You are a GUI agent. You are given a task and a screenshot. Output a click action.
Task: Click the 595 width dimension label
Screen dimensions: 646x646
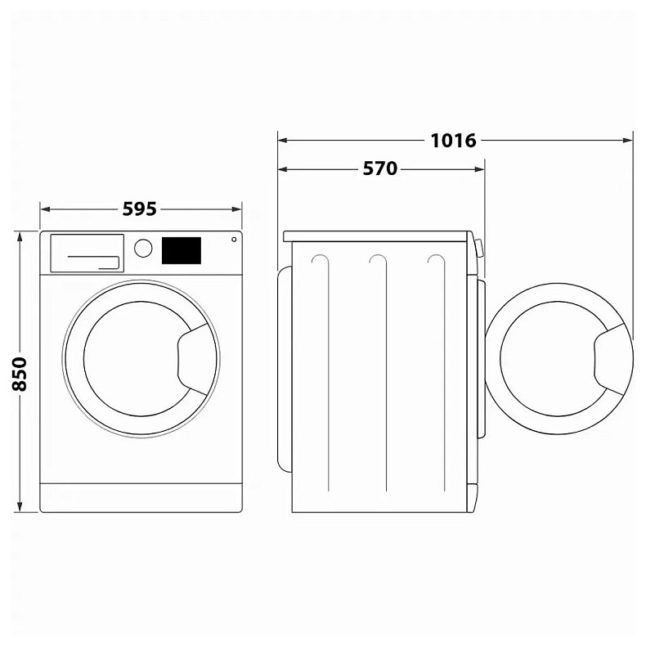tap(140, 209)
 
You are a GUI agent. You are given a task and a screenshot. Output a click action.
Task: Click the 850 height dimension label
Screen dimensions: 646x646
tap(20, 373)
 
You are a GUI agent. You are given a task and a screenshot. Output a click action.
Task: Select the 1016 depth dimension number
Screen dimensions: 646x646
tap(454, 140)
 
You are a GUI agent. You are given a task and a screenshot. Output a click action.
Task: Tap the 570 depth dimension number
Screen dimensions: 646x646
tap(380, 169)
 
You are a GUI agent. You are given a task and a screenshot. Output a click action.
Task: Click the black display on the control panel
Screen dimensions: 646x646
tap(181, 250)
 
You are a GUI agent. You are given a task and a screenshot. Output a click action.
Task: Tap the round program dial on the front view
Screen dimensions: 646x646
tap(143, 248)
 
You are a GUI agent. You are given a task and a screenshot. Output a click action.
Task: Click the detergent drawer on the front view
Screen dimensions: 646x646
tap(87, 253)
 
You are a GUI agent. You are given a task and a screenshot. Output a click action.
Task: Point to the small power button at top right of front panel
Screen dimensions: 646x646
tap(234, 240)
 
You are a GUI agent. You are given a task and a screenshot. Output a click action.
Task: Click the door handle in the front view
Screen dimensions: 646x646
tap(194, 357)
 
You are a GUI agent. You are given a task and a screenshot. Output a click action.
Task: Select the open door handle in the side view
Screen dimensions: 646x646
tap(612, 357)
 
